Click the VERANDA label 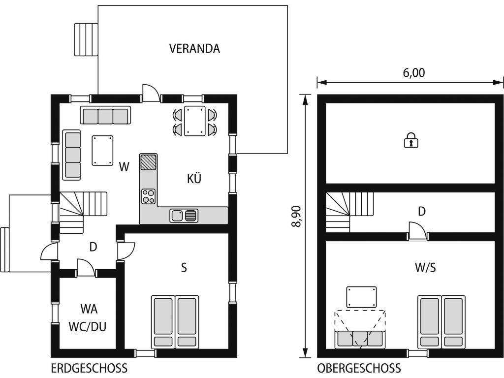(x=194, y=49)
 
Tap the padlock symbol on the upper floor (x=411, y=140)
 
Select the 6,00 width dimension (x=413, y=73)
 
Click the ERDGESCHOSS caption (x=89, y=368)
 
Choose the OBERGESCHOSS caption (x=359, y=368)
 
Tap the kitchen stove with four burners (x=149, y=196)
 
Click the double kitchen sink (x=184, y=216)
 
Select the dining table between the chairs (x=195, y=121)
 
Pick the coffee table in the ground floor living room (x=102, y=151)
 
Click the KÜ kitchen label (x=194, y=178)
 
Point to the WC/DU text (x=88, y=327)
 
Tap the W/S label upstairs (x=425, y=267)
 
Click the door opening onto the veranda (x=151, y=93)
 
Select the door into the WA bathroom (x=86, y=268)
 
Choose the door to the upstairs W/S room (x=418, y=231)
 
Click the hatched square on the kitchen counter (x=149, y=162)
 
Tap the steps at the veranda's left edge (x=86, y=39)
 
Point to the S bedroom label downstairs (x=184, y=267)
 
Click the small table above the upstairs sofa (x=362, y=297)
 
